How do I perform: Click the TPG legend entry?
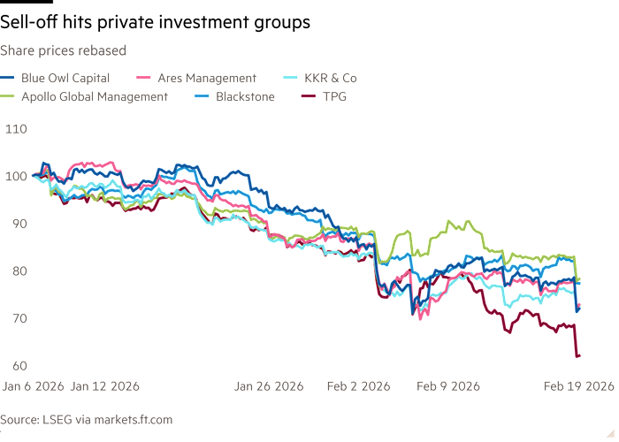click(332, 96)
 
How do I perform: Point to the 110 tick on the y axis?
click(16, 129)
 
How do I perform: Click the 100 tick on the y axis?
click(16, 176)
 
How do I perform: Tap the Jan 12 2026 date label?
click(104, 386)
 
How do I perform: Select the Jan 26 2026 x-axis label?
click(269, 386)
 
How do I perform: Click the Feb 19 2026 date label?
click(578, 386)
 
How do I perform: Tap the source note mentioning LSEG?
click(86, 419)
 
